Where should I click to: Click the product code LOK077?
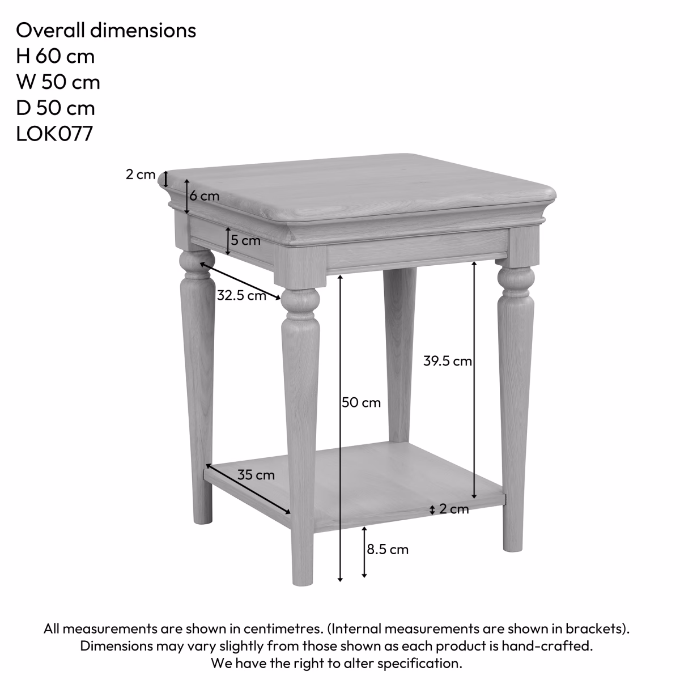point(54,134)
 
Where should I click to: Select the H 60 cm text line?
point(55,56)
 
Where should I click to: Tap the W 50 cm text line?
point(58,82)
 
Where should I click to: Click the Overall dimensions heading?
point(106,30)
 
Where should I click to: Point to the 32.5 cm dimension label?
point(241,295)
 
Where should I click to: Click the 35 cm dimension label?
point(256,475)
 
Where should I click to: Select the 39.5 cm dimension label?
point(447,361)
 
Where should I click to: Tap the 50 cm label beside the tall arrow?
point(362,403)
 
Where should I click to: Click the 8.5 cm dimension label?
point(388,549)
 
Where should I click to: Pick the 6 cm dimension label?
point(204,196)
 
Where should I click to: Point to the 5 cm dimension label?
point(245,240)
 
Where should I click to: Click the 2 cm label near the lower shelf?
point(454,509)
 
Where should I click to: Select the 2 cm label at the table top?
point(140,175)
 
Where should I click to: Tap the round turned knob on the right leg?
point(516,278)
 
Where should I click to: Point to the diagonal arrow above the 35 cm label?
point(248,488)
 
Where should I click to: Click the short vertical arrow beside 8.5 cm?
point(364,551)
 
